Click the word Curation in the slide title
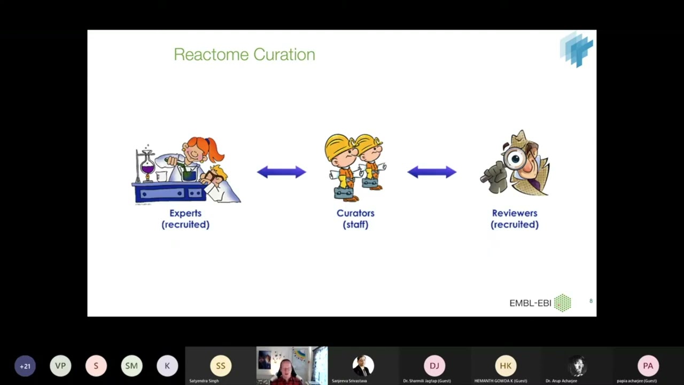click(x=284, y=55)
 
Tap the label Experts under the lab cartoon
click(x=185, y=213)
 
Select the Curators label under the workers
click(x=355, y=213)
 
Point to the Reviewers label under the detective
click(x=515, y=213)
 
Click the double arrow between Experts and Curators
click(x=282, y=172)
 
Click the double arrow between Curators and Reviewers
click(x=432, y=172)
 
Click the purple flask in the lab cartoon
click(x=147, y=168)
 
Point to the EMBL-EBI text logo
click(x=530, y=303)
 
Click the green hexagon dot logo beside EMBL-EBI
click(x=562, y=303)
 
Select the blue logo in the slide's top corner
click(x=577, y=49)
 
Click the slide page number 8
click(x=590, y=301)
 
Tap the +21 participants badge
click(x=25, y=366)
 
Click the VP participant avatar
click(x=60, y=366)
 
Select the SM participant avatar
click(x=131, y=366)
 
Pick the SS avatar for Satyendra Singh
click(x=221, y=366)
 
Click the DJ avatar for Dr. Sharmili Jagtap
click(x=434, y=366)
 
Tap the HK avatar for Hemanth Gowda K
click(x=506, y=366)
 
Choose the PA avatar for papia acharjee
click(x=648, y=366)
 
